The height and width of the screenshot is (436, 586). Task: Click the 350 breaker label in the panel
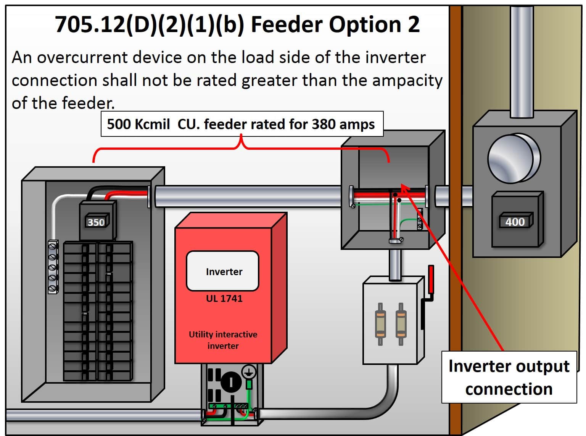(96, 222)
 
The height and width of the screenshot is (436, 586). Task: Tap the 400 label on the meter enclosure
(515, 222)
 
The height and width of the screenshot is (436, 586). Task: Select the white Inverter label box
(223, 271)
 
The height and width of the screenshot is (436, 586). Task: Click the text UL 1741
(224, 298)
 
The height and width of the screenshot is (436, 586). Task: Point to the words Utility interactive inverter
(223, 340)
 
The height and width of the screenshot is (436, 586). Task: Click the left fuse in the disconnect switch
(380, 324)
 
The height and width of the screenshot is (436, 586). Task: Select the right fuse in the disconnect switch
(401, 324)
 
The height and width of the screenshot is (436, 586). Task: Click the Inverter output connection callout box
(509, 377)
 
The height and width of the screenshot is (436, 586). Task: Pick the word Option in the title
(365, 24)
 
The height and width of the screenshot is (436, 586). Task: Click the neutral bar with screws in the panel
(53, 267)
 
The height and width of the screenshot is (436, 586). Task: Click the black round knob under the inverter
(231, 381)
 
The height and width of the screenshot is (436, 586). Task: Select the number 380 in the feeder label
(324, 124)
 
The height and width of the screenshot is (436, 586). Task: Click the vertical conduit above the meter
(522, 61)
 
